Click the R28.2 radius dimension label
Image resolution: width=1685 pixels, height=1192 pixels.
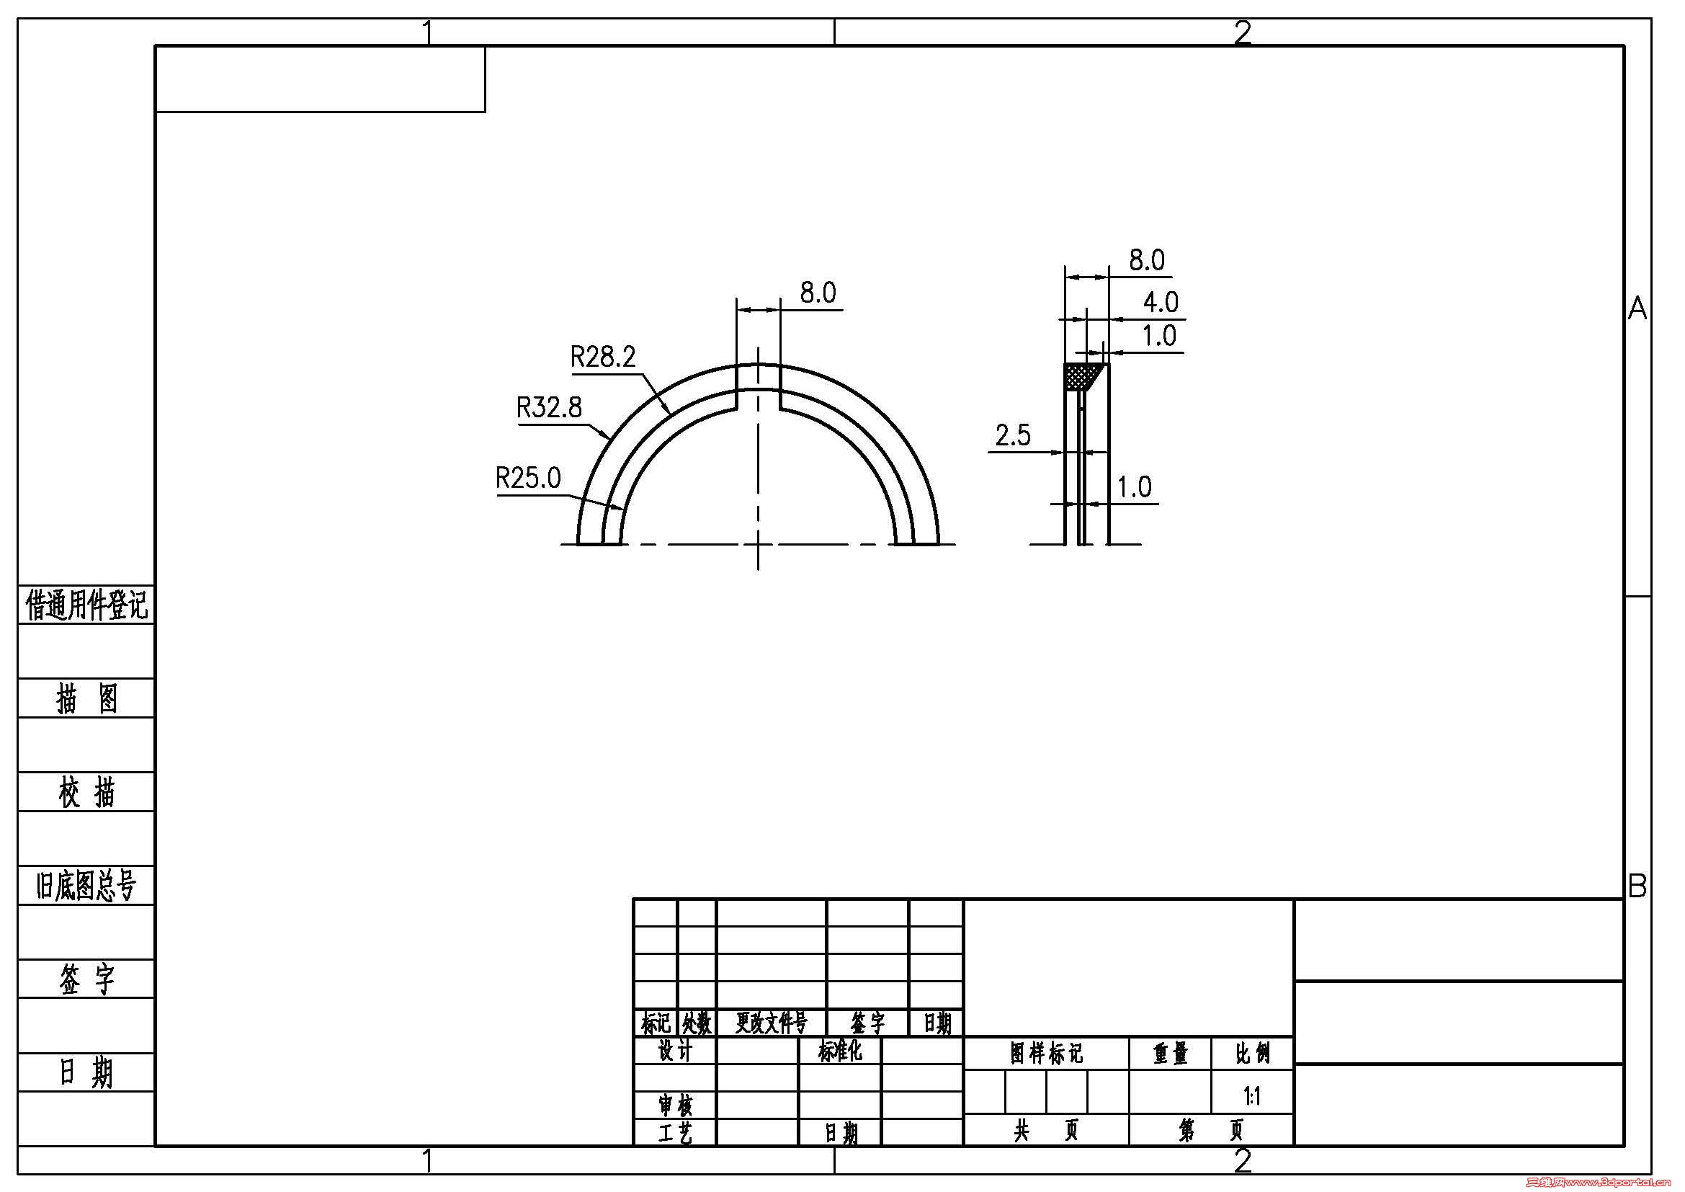[602, 357]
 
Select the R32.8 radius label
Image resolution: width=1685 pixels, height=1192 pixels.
[549, 407]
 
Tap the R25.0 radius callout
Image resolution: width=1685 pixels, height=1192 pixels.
[527, 479]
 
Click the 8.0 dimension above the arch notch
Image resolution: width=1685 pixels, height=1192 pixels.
[818, 293]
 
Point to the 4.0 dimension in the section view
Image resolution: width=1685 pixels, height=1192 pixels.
[1161, 302]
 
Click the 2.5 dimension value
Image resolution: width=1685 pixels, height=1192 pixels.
[1013, 436]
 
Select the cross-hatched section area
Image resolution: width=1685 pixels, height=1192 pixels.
[1083, 376]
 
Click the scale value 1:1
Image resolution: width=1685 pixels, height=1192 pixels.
[1252, 1097]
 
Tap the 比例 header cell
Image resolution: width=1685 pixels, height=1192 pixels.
[1252, 1054]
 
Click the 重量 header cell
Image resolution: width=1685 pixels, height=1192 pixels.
[1170, 1054]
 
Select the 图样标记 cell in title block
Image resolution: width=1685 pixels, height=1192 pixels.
[1046, 1054]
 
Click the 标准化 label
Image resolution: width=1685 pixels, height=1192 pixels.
[839, 1051]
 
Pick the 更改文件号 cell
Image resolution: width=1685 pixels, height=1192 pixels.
[772, 1023]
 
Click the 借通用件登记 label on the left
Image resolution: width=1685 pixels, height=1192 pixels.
[86, 605]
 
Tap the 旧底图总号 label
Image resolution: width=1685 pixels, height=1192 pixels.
[86, 886]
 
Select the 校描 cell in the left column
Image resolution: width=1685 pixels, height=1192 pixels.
[86, 793]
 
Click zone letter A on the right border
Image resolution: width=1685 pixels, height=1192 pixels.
[1637, 309]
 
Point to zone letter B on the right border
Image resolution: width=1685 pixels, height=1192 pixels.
[1637, 886]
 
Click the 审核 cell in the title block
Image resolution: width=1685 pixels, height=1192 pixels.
[675, 1105]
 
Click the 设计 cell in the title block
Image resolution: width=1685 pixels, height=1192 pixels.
[675, 1051]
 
